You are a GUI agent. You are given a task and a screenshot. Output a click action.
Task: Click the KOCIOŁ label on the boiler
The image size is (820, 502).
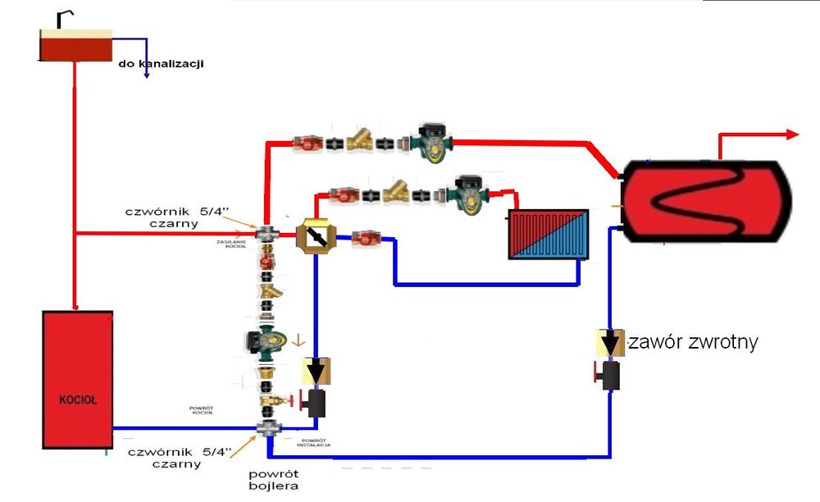click(78, 401)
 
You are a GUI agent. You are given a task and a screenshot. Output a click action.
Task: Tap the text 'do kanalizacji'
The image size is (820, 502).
click(161, 62)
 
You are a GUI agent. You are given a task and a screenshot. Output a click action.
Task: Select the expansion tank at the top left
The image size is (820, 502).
click(75, 45)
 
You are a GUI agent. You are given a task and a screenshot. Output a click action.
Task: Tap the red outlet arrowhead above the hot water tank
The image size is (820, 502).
click(792, 135)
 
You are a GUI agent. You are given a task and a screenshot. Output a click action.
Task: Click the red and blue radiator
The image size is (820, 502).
click(548, 234)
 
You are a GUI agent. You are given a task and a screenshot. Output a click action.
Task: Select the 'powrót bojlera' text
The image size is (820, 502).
click(275, 480)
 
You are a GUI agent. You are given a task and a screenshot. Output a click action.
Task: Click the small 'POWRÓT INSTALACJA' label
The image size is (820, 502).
click(315, 443)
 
